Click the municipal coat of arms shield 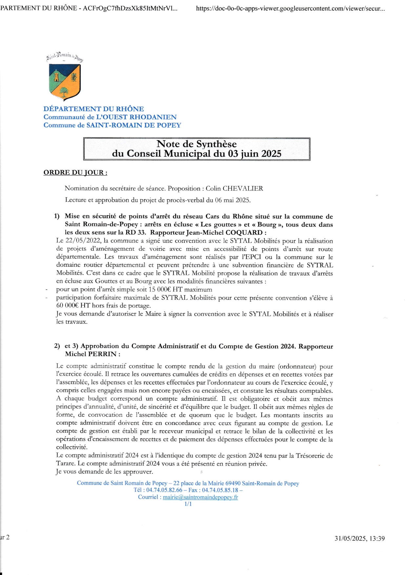pos(65,82)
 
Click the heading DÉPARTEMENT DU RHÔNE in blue pos(93,109)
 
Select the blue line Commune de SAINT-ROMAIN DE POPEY pos(112,125)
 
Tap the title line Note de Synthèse pos(196,144)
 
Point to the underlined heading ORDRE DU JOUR pos(75,173)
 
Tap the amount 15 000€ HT pos(166,290)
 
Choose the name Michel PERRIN pos(91,354)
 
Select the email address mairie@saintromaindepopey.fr pos(200,497)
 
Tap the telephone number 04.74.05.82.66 pos(164,490)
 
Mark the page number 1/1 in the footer pos(188,504)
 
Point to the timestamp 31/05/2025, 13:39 pos(359,538)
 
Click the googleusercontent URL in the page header pos(290,9)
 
